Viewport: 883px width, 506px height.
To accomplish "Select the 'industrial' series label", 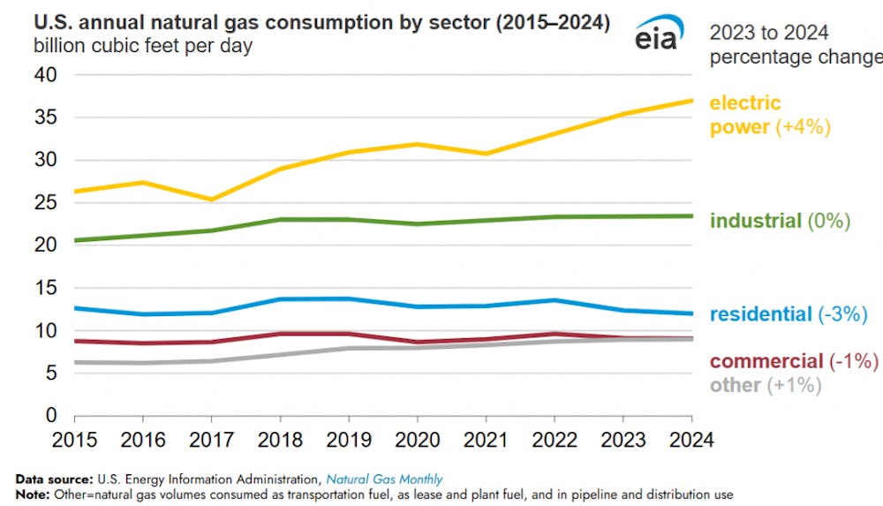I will click(755, 221).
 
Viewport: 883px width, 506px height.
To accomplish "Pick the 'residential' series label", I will click(760, 314).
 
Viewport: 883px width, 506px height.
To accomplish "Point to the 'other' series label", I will click(735, 385).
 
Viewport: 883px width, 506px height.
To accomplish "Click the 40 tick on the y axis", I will click(45, 76).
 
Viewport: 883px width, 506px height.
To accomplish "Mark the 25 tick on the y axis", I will click(45, 203).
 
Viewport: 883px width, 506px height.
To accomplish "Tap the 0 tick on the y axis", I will click(51, 415).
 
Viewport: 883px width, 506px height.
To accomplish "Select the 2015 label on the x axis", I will click(75, 439).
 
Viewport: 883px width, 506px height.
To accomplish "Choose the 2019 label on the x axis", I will click(347, 439).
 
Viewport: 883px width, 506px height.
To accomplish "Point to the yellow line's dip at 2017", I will click(211, 200).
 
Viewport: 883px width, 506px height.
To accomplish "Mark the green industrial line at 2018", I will click(279, 219).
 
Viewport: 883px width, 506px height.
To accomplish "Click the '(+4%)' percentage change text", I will click(804, 127).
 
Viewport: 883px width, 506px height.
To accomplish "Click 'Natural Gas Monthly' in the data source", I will click(384, 480).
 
